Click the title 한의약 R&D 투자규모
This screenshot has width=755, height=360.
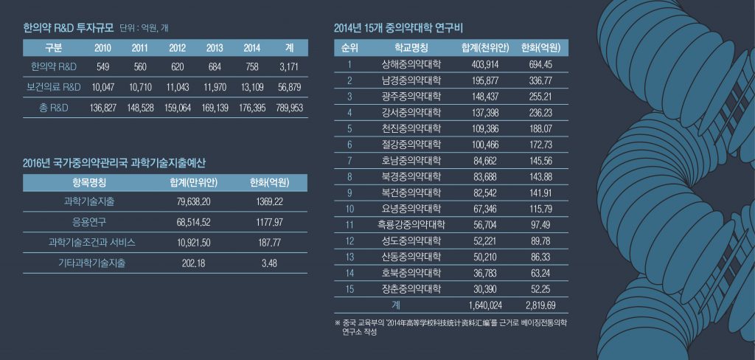[69, 29]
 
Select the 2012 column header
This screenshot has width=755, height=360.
[177, 48]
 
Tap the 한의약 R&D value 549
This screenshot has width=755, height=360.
[102, 67]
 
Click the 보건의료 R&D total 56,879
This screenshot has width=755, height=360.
[290, 87]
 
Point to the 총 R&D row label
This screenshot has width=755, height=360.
[53, 108]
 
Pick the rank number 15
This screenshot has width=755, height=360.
[349, 288]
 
